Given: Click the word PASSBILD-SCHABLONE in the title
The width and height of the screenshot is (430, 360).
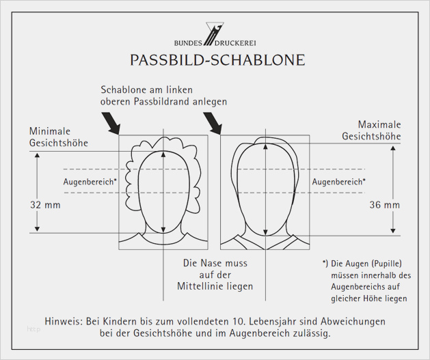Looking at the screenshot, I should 217,60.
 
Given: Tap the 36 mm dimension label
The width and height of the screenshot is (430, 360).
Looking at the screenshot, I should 385,204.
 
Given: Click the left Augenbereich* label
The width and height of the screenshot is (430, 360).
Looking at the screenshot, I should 90,182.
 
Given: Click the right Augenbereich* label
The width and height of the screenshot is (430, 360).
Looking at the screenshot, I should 338,182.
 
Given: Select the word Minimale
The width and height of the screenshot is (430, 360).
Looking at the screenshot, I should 50,130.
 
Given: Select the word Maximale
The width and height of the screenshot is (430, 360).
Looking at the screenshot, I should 379,124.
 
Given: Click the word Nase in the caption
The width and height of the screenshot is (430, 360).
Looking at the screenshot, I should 214,262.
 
